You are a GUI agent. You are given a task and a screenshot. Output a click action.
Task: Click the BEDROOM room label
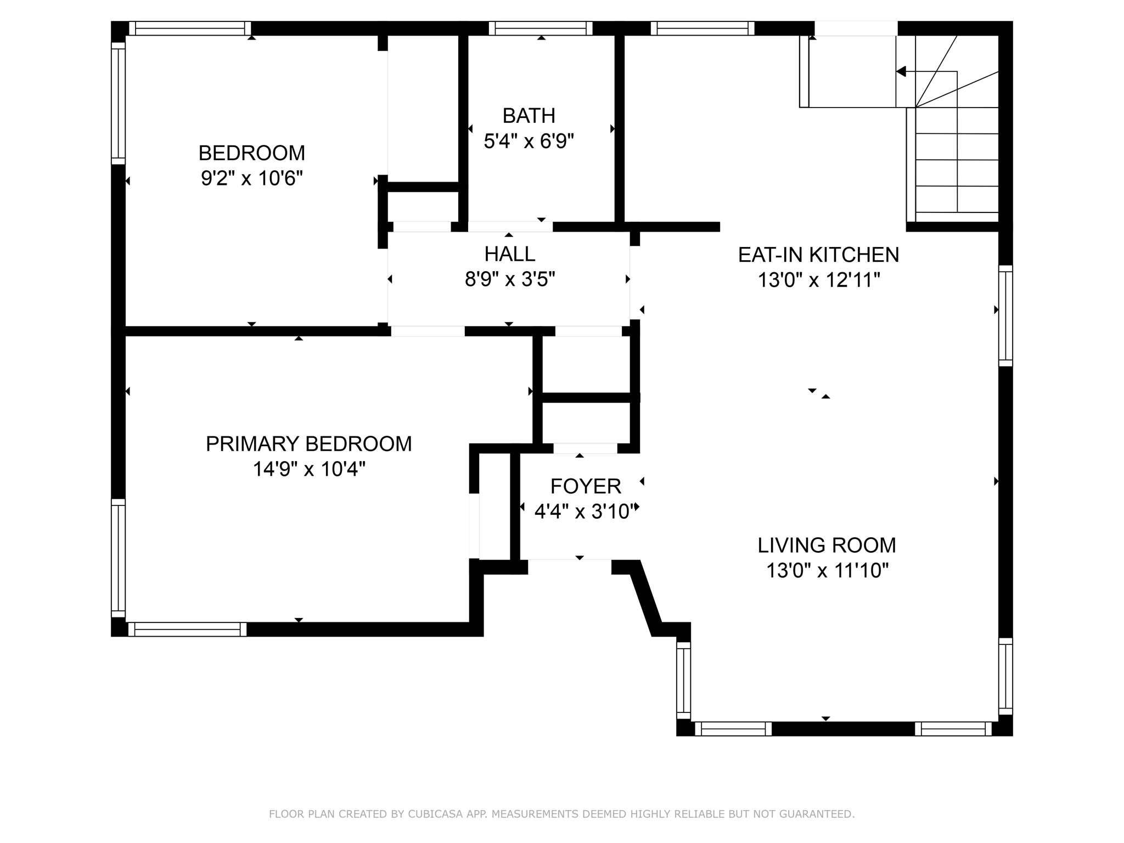pyautogui.click(x=252, y=153)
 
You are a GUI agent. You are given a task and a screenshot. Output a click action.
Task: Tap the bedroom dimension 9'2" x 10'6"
pyautogui.click(x=252, y=178)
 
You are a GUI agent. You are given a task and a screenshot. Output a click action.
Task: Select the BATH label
pyautogui.click(x=529, y=116)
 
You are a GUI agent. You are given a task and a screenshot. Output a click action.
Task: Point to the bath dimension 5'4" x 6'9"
pyautogui.click(x=529, y=142)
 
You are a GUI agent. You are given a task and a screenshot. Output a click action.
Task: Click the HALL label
pyautogui.click(x=510, y=254)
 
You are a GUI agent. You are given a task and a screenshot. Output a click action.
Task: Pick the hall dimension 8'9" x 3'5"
pyautogui.click(x=510, y=280)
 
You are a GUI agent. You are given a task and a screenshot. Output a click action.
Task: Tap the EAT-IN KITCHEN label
pyautogui.click(x=819, y=255)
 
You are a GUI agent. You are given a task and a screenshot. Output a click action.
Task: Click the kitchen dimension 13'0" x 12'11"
pyautogui.click(x=819, y=280)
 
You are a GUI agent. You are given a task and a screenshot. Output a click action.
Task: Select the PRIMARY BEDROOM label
pyautogui.click(x=309, y=443)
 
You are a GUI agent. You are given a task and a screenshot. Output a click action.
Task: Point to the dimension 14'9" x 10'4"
pyautogui.click(x=309, y=469)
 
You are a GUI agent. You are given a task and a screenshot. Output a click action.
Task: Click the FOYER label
pyautogui.click(x=586, y=486)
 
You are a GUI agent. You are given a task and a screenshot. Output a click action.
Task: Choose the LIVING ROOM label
pyautogui.click(x=827, y=545)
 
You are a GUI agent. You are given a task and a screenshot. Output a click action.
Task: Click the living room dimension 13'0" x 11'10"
pyautogui.click(x=827, y=571)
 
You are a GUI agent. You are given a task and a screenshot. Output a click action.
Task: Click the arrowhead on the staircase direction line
pyautogui.click(x=901, y=71)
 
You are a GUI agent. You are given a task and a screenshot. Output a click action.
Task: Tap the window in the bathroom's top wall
pyautogui.click(x=541, y=29)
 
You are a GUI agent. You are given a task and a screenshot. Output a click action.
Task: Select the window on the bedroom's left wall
pyautogui.click(x=119, y=104)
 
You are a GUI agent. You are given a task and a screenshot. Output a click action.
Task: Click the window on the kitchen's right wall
pyautogui.click(x=1005, y=316)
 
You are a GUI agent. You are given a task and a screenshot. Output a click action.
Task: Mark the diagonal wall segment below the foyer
pyautogui.click(x=646, y=598)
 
